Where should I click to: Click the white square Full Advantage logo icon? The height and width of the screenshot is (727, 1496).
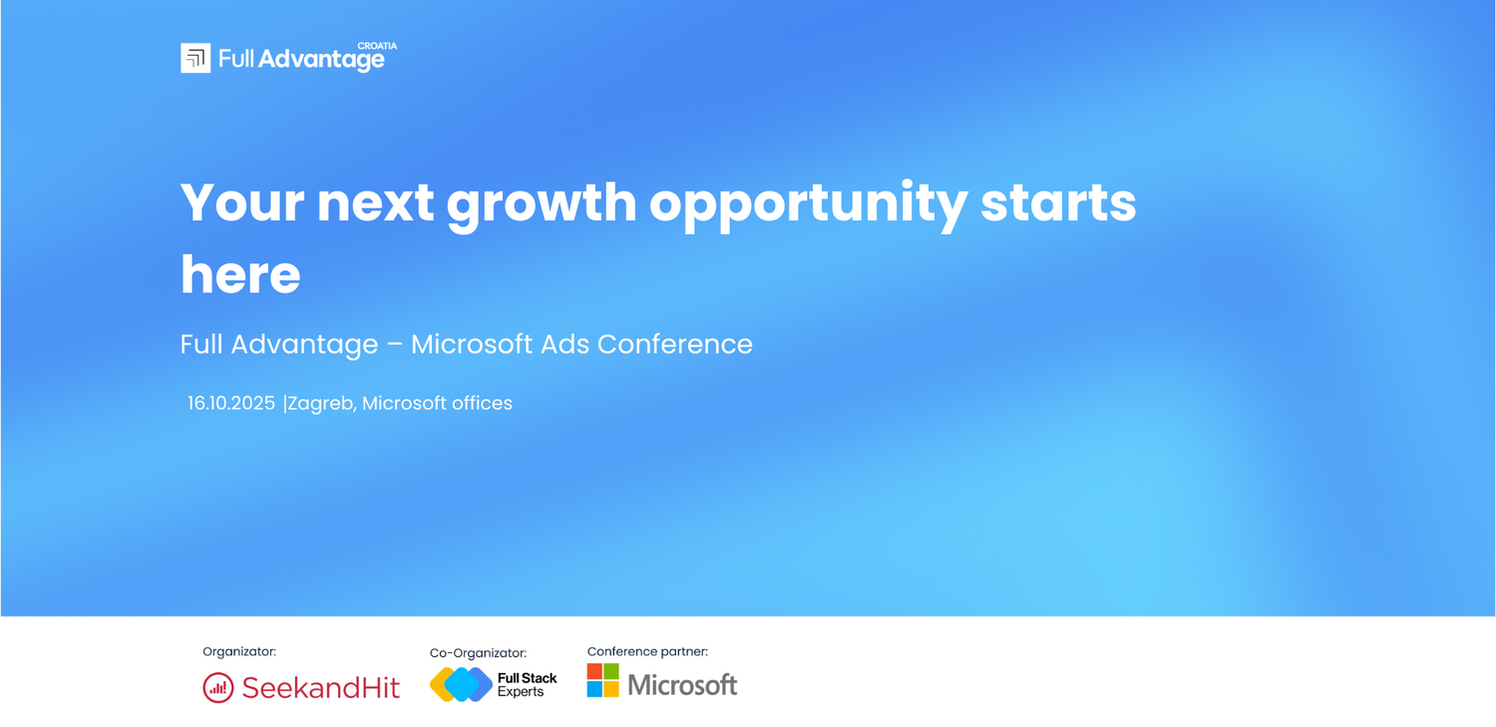195,58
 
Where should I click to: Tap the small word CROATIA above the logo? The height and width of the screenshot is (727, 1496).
377,46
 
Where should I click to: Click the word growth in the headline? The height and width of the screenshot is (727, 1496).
542,203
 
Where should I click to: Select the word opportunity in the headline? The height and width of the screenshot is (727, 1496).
808,203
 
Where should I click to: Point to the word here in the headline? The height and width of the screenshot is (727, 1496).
240,274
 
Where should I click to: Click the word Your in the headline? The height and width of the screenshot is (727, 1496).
242,201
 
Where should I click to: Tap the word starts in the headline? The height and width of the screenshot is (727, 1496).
1058,202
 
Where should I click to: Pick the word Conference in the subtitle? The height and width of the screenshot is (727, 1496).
674,344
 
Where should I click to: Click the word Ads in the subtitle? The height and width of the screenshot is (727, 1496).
564,344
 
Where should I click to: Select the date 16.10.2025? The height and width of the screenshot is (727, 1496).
231,403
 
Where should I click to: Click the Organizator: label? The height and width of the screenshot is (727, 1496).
239,651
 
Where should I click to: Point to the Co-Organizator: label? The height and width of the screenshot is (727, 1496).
478,653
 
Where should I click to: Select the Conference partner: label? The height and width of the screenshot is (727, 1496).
647,651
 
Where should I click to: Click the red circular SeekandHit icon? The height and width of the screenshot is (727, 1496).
218,688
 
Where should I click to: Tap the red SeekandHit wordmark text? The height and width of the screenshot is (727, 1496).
320,688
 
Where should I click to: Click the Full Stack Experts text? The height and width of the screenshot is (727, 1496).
527,685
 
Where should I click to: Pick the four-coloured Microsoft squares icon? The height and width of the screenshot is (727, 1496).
603,680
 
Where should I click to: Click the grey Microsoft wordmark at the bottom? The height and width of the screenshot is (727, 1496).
682,685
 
